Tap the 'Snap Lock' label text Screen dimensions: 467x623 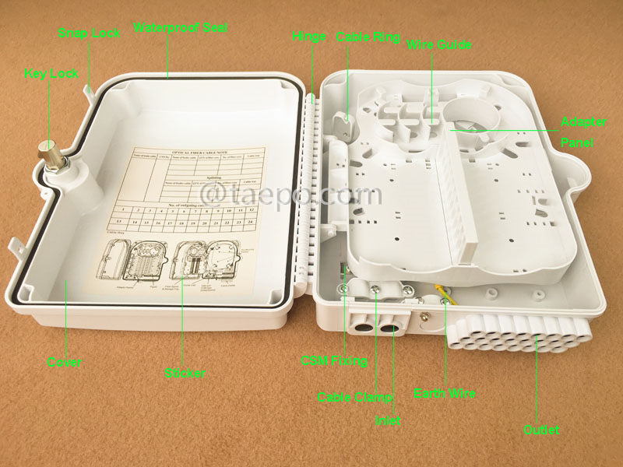pyautogui.click(x=90, y=33)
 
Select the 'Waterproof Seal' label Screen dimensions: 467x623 pyautogui.click(x=179, y=27)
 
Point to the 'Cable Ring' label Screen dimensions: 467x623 pyautogui.click(x=368, y=37)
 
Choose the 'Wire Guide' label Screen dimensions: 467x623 pyautogui.click(x=439, y=44)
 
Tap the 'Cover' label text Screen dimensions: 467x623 pyautogui.click(x=64, y=363)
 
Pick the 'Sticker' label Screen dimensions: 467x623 pyautogui.click(x=185, y=374)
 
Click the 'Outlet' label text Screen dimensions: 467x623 pyautogui.click(x=540, y=430)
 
